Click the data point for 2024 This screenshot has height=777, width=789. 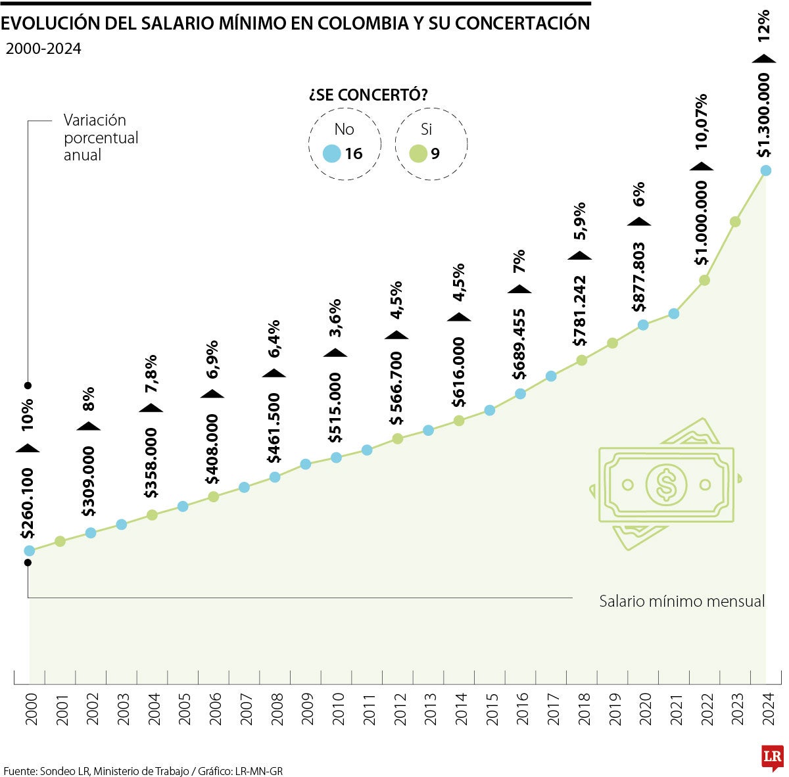click(x=765, y=171)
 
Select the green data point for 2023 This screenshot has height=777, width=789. click(x=735, y=222)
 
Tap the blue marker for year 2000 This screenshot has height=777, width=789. click(x=29, y=551)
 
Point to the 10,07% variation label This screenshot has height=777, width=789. click(x=702, y=122)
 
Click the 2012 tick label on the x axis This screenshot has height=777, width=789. click(x=398, y=709)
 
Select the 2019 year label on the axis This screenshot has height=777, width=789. click(x=614, y=709)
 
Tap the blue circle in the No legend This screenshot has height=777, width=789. click(x=332, y=154)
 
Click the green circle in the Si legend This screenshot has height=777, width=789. click(x=418, y=154)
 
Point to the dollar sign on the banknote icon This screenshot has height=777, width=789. click(x=666, y=484)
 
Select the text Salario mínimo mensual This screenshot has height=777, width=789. click(x=682, y=601)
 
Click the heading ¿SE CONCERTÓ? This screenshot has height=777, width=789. click(x=368, y=95)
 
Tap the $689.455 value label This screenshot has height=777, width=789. click(x=519, y=344)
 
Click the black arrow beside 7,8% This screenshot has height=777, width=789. click(x=151, y=408)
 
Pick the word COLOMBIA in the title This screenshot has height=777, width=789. click(x=370, y=23)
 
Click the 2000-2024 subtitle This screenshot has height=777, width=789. click(x=43, y=49)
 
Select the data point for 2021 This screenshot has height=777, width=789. click(x=673, y=314)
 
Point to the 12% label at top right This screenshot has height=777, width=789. click(x=763, y=26)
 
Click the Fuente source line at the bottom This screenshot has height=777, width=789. click(x=143, y=770)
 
